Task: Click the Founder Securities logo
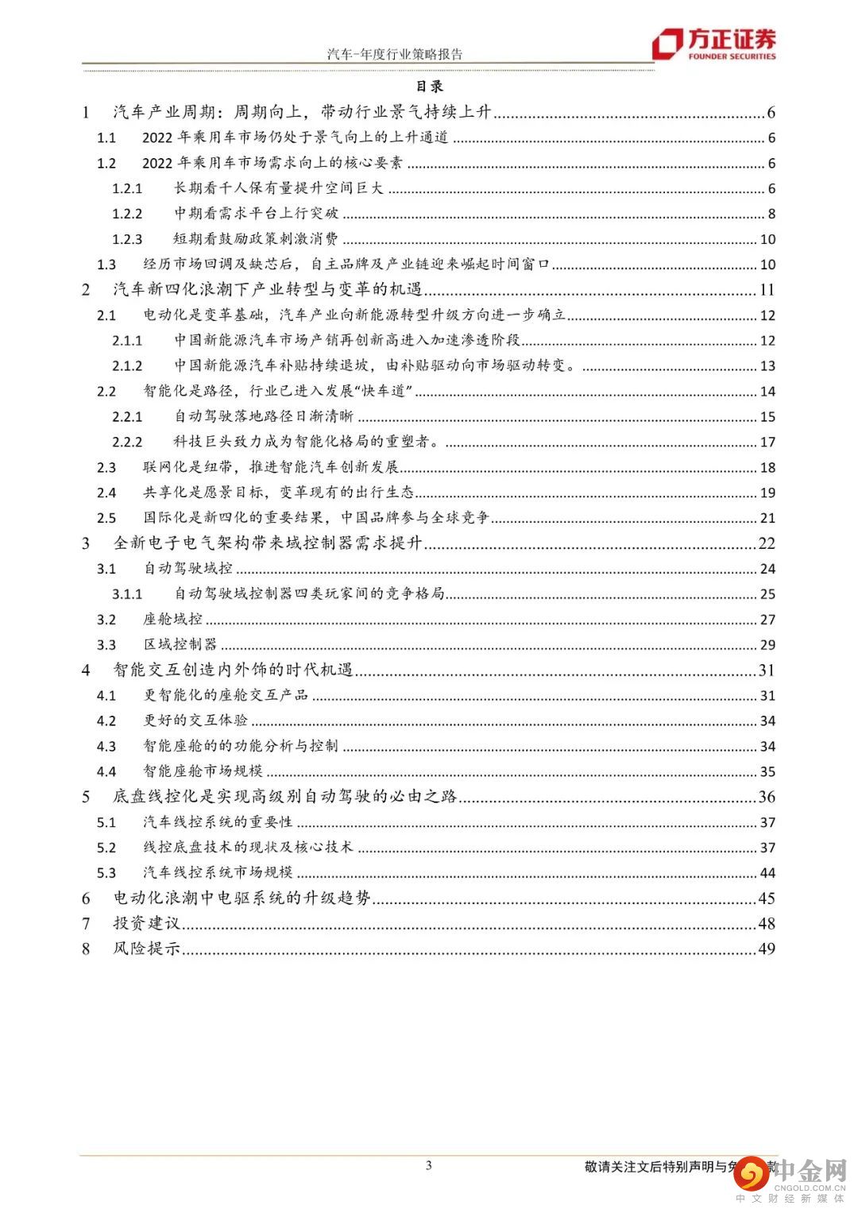point(713,44)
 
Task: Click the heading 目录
point(429,87)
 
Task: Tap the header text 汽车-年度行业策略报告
point(395,54)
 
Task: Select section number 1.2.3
point(127,239)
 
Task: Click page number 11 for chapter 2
point(767,290)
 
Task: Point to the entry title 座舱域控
point(172,620)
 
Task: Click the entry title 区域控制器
point(180,644)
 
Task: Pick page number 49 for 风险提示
point(766,948)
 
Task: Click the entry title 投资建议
point(146,923)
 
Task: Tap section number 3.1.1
point(127,594)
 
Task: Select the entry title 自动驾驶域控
point(187,569)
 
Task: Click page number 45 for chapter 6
point(766,898)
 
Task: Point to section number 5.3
point(106,873)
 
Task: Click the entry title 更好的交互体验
point(195,720)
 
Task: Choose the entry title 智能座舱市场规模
point(203,771)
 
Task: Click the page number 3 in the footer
point(429,1165)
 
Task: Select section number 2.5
point(106,518)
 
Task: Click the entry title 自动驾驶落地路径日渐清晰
point(264,416)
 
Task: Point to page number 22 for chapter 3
point(766,543)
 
